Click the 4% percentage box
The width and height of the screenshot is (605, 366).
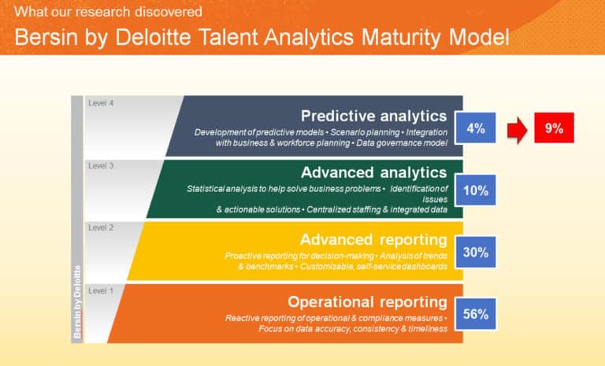pyautogui.click(x=476, y=128)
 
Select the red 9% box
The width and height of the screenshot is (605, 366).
pyautogui.click(x=554, y=128)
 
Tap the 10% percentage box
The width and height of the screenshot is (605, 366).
pyautogui.click(x=476, y=190)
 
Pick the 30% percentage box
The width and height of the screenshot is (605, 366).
pyautogui.click(x=476, y=253)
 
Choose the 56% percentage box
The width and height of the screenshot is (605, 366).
pyautogui.click(x=476, y=314)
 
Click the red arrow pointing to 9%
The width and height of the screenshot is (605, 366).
pyautogui.click(x=514, y=128)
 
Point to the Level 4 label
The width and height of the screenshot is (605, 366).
pyautogui.click(x=101, y=103)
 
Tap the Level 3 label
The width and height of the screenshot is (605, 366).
pyautogui.click(x=101, y=166)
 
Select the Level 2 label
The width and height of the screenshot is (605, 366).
pyautogui.click(x=101, y=227)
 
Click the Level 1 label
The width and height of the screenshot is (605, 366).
pyautogui.click(x=101, y=291)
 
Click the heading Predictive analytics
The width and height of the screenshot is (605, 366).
pyautogui.click(x=373, y=115)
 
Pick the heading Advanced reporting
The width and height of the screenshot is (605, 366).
pyautogui.click(x=373, y=239)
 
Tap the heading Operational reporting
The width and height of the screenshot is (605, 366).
pyautogui.click(x=367, y=301)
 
